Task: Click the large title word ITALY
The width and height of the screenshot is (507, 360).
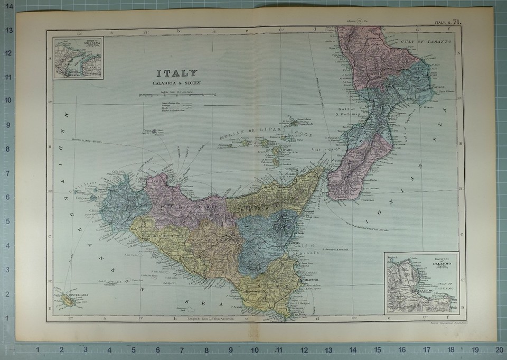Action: [176, 73]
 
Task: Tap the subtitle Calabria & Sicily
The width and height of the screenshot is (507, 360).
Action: [176, 84]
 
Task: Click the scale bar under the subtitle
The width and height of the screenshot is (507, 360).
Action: [176, 95]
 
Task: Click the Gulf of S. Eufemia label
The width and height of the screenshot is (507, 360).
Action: [348, 112]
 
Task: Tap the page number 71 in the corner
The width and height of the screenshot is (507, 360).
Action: [457, 22]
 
